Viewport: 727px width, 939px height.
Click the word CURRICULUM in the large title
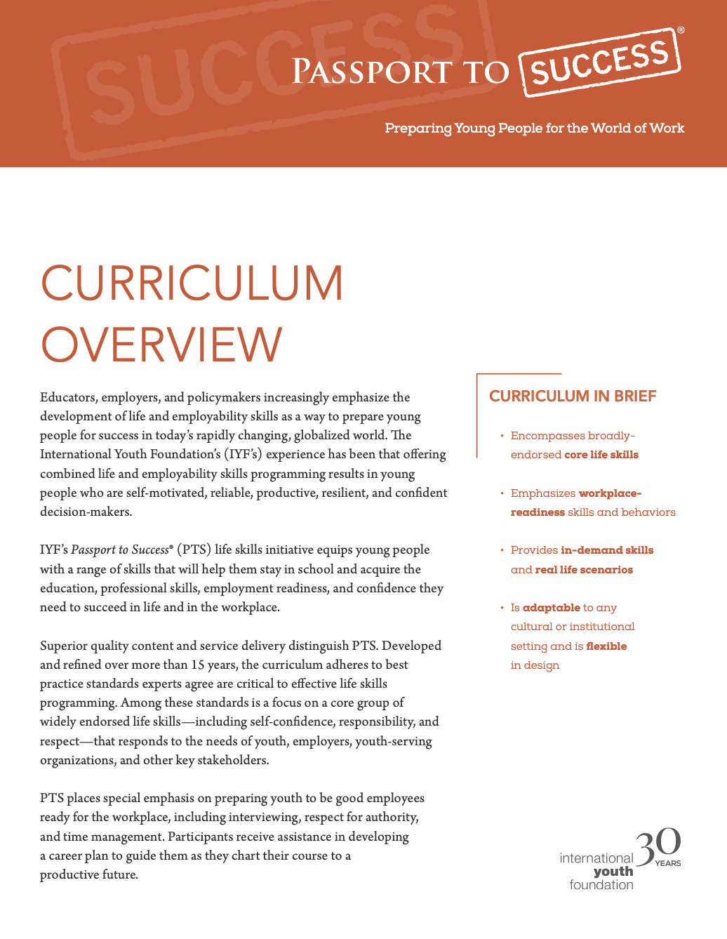[x=192, y=284]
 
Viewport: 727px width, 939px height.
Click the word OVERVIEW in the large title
[x=161, y=345]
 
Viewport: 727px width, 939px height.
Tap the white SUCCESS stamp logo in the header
[x=600, y=63]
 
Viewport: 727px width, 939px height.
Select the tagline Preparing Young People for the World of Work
[x=534, y=128]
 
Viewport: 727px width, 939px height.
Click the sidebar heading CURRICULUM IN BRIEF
[x=573, y=397]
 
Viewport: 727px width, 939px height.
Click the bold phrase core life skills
[x=601, y=455]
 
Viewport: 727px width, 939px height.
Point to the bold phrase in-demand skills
[x=607, y=550]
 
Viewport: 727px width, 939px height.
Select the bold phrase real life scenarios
[x=584, y=570]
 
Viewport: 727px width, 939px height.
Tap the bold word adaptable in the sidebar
[x=552, y=608]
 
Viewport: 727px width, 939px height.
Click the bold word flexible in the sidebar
[x=606, y=646]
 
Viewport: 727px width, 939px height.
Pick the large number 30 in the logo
[x=658, y=847]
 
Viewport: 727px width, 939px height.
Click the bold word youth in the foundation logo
[x=613, y=872]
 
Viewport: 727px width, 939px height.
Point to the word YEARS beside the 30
[x=668, y=863]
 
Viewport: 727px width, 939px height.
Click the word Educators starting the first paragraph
[x=68, y=397]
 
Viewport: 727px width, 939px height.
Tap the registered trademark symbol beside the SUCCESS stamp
[x=681, y=31]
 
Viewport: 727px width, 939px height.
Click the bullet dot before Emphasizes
[x=502, y=493]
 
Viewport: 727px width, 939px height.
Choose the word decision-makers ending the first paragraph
[x=86, y=512]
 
